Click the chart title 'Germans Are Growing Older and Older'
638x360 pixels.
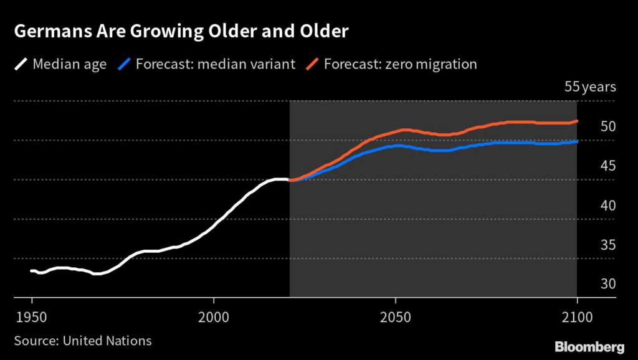181,32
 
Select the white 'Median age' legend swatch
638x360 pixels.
21,64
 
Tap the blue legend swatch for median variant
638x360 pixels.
125,64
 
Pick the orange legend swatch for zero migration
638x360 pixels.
313,64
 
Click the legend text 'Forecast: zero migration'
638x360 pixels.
401,64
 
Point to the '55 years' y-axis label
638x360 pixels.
589,87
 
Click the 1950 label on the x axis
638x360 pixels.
32,316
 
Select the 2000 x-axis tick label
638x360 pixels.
214,316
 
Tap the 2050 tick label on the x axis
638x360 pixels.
395,316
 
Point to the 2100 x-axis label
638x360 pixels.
577,316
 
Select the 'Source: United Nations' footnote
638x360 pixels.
83,341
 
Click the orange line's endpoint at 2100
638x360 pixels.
577,121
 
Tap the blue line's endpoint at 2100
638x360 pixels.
577,141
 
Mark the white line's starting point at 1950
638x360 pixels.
32,270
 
